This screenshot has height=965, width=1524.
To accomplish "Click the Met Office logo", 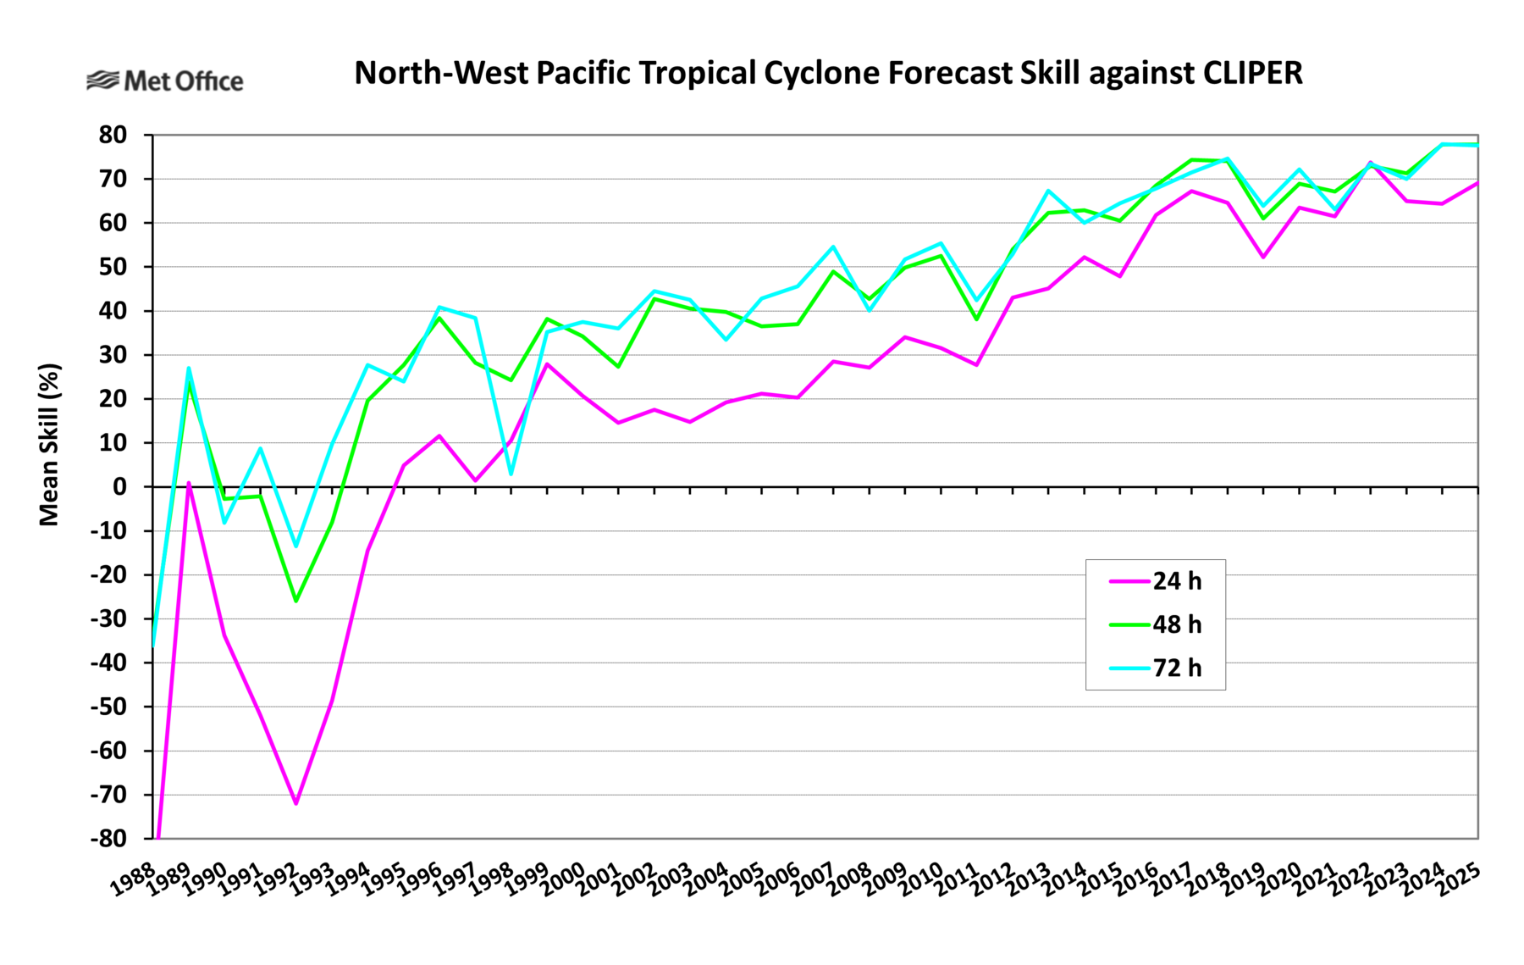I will point(165,81).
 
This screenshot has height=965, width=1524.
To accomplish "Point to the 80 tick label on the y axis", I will point(113,135).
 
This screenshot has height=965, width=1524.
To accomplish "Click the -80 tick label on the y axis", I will point(108,839).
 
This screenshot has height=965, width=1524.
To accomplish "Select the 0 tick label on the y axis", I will point(120,487).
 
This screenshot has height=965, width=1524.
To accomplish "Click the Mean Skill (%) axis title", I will point(49,445).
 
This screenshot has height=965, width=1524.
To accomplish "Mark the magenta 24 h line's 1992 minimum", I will point(296,803).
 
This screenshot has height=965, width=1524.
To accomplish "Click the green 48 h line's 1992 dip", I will point(296,601).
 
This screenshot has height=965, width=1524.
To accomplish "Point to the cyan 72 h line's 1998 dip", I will point(511,474).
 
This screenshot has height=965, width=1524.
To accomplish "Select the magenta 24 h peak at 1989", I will point(189,483).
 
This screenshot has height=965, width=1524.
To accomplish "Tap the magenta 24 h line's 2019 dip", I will point(1263,257).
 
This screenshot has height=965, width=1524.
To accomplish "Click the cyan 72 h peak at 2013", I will point(1048,191).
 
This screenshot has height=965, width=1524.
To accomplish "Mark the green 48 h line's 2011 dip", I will point(977,319).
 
